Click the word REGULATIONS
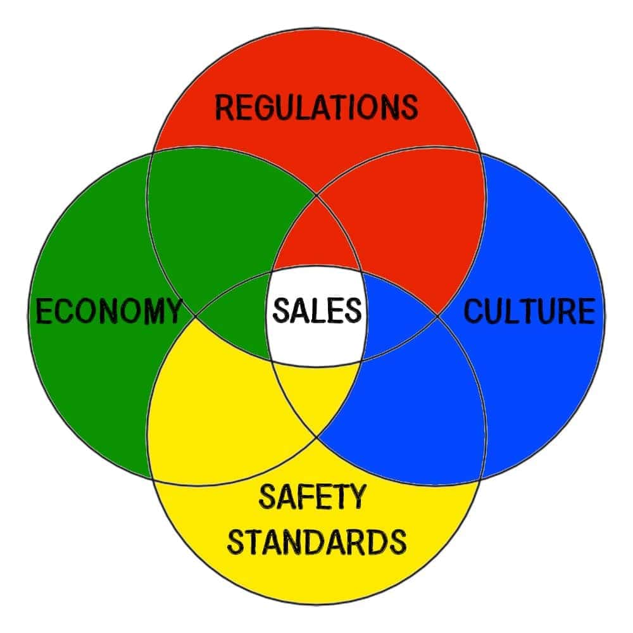click(x=316, y=108)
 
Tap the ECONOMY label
click(x=109, y=311)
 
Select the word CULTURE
click(x=530, y=311)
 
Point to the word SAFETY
click(x=312, y=496)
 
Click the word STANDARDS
click(x=317, y=541)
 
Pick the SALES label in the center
click(x=317, y=310)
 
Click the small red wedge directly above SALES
click(x=316, y=238)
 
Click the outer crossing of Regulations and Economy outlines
click(x=153, y=152)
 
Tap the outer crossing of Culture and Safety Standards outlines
click(x=480, y=480)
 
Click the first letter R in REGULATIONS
click(x=225, y=108)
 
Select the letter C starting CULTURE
click(x=473, y=311)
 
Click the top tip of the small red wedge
click(x=316, y=196)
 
